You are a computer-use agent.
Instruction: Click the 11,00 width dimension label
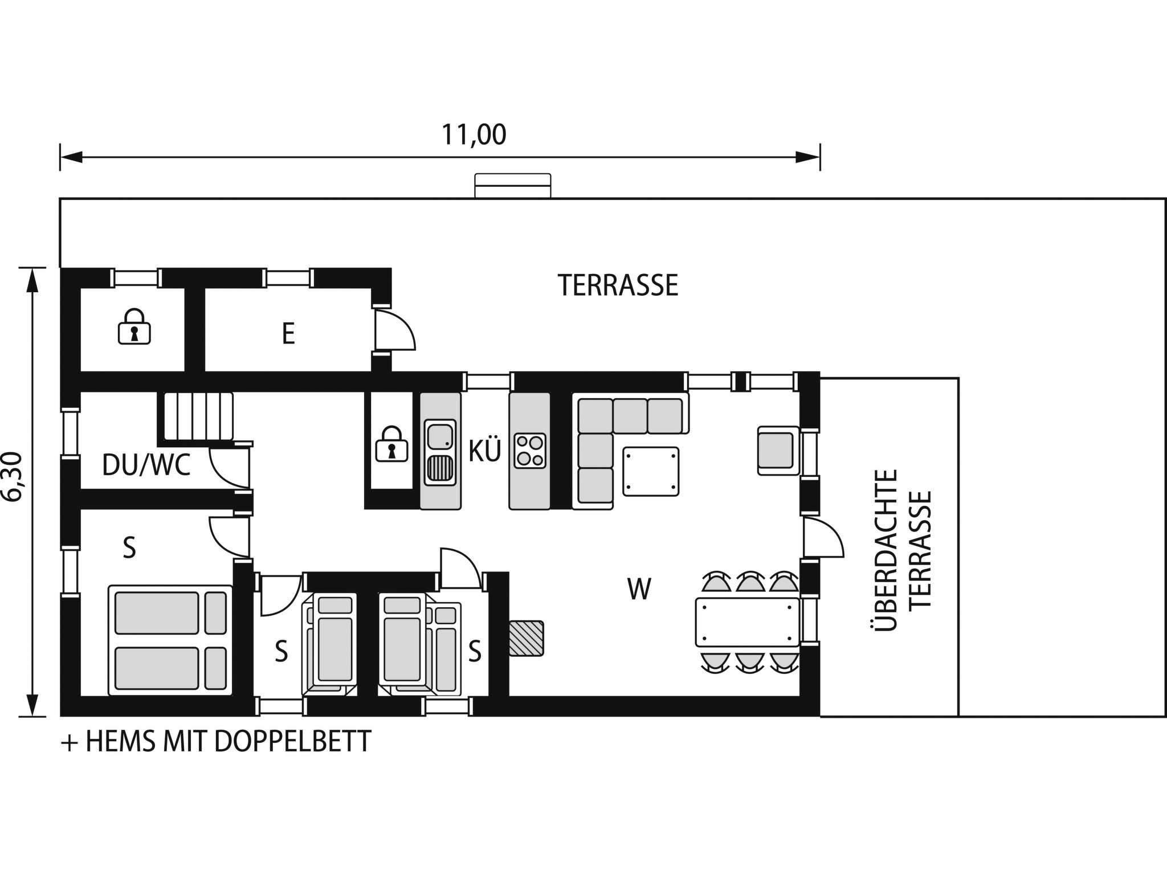(474, 135)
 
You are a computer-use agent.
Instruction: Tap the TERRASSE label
(618, 285)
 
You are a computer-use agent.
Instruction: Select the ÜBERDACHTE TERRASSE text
(902, 549)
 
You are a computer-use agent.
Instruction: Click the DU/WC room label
(146, 465)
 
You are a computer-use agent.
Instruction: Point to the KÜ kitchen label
(484, 451)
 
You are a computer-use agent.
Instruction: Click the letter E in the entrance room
(288, 334)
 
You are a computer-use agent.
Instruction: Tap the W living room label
(638, 589)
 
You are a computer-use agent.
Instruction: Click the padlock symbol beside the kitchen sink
(391, 444)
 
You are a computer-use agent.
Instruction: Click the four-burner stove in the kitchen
(530, 451)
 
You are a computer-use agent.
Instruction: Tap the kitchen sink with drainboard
(440, 452)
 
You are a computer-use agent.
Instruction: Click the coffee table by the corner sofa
(651, 472)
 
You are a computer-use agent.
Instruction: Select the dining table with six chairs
(747, 622)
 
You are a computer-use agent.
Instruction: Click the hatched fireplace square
(526, 638)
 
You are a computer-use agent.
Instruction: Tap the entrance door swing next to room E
(394, 330)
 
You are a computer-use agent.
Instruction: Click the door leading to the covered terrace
(822, 537)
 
